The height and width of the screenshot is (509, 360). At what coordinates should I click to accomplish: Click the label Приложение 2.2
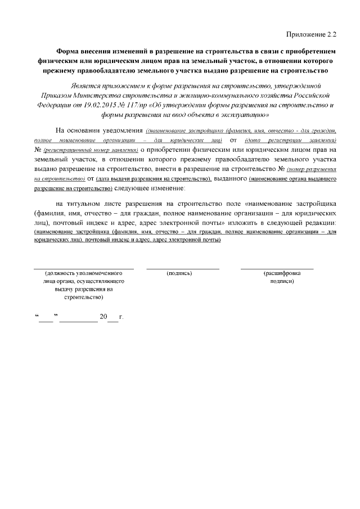point(312,35)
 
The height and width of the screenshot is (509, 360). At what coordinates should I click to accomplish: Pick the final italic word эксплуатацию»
point(233,114)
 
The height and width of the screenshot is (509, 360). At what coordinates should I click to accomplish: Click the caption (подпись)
point(179,273)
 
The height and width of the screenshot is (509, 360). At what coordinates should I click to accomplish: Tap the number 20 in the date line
point(102,317)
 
